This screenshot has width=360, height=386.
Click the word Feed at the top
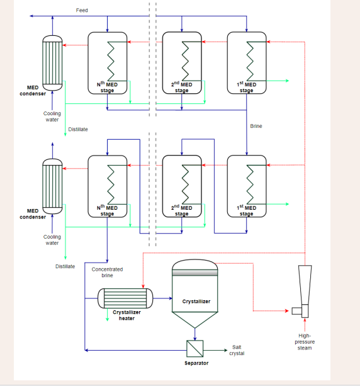point(82,10)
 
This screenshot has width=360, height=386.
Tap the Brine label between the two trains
point(256,126)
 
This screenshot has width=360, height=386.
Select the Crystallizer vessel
point(195,293)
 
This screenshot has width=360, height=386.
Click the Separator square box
point(195,349)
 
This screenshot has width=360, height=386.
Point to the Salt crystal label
point(237,350)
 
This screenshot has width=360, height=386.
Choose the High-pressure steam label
point(305,342)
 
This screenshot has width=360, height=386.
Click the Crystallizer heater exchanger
point(125,298)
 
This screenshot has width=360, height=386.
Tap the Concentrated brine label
point(107,272)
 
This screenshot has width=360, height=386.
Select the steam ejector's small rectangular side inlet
point(297,311)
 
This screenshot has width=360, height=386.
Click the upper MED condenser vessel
point(52,63)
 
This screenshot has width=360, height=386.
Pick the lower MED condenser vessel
point(52,186)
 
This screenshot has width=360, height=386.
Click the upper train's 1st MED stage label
point(247,87)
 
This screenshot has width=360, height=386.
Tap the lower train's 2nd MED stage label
point(182,210)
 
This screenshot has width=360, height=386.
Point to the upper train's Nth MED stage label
point(107,87)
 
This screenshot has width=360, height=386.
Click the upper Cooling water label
point(52,116)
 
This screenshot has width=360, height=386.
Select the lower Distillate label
point(65,266)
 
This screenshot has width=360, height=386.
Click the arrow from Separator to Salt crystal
point(215,350)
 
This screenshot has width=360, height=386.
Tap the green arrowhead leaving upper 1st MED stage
point(287,81)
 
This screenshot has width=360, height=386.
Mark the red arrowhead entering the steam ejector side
point(286,311)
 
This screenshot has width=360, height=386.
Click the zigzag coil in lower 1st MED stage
point(250,184)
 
